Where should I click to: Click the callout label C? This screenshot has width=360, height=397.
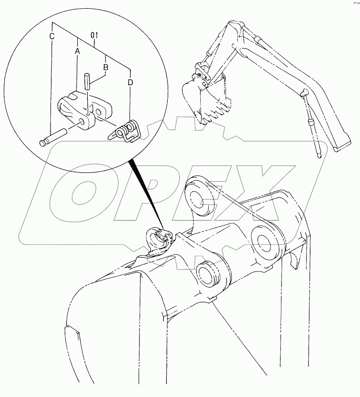[x=52, y=37]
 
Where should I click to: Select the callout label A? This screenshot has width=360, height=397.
[x=78, y=51]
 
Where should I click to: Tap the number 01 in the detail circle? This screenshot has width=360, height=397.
[x=95, y=35]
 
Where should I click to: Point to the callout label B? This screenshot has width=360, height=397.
[x=106, y=67]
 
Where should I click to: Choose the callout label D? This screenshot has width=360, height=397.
[x=130, y=82]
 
